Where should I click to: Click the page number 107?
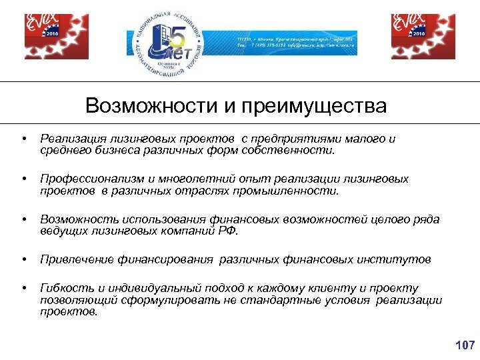coord(464,345)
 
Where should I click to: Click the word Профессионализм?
coord(89,179)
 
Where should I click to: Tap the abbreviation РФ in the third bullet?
coord(227,231)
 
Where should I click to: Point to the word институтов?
coord(397,259)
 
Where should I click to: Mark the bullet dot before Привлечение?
coord(24,259)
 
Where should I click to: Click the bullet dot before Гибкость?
coord(24,288)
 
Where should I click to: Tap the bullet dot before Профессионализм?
coord(24,179)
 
